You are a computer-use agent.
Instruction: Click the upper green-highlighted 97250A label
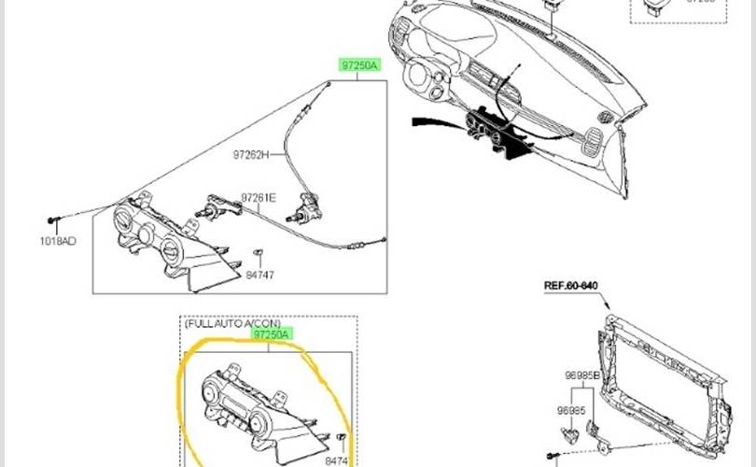pos(358,65)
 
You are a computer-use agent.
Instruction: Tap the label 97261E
pos(259,197)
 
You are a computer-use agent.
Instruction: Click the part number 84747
pos(261,276)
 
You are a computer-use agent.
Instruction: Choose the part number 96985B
pos(582,375)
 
